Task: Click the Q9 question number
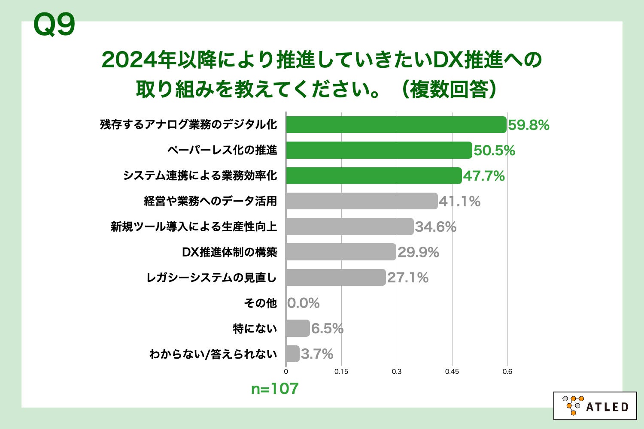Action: coord(54,24)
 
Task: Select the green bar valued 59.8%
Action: coord(396,125)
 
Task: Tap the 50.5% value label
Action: coord(494,151)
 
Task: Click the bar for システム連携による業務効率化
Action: coord(374,176)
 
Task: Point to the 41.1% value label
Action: coord(459,201)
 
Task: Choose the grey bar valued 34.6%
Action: coord(349,227)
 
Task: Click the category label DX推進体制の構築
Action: coord(229,252)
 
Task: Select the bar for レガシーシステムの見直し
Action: coord(336,278)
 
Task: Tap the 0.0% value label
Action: coord(303,303)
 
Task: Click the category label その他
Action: coord(260,303)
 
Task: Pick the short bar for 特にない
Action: coord(298,329)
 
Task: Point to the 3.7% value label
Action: coord(317,354)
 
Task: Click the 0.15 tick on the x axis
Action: coord(341,372)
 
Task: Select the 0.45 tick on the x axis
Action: coord(452,372)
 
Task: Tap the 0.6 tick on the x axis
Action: coord(507,372)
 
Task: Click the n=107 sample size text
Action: coord(275,389)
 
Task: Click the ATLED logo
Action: coord(595,406)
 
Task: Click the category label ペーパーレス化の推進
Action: coord(222,150)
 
